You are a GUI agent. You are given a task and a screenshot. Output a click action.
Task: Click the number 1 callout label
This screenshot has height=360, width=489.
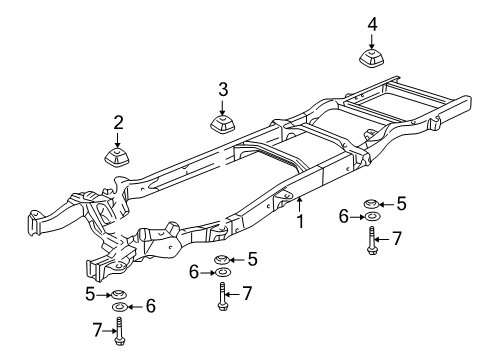click(x=298, y=222)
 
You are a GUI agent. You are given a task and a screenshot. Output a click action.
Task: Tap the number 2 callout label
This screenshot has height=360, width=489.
click(x=118, y=123)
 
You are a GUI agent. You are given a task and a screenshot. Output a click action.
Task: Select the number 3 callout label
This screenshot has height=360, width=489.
click(x=223, y=91)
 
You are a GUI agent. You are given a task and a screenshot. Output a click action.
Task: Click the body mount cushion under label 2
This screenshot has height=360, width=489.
click(x=118, y=158)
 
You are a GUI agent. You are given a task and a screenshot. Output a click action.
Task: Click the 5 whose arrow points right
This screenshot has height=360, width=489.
click(x=90, y=294)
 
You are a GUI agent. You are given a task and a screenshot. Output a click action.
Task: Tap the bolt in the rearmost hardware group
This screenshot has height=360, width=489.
click(x=371, y=243)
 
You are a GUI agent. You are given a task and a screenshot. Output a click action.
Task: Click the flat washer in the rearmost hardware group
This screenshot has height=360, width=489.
click(x=371, y=217)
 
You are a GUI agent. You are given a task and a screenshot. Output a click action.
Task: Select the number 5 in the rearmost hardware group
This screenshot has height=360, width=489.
click(x=401, y=203)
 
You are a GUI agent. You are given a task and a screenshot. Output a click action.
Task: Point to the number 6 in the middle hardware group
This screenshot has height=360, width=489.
click(x=195, y=272)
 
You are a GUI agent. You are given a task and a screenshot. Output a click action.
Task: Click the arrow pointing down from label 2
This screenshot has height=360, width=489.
click(x=118, y=139)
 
